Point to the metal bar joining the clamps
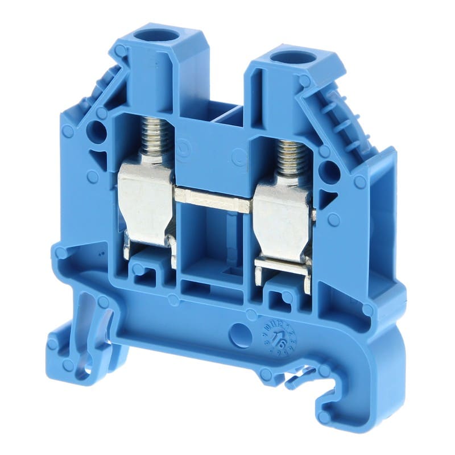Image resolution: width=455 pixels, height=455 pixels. [x=213, y=199]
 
